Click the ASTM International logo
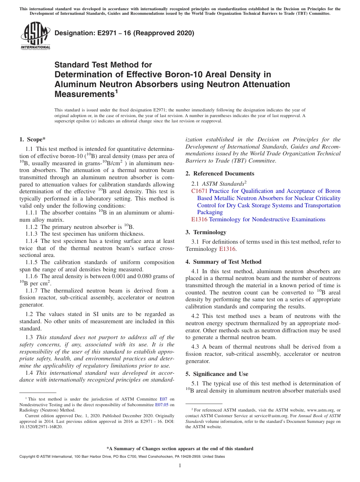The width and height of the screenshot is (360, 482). (x=35, y=36)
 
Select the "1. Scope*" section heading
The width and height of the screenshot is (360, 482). (x=33, y=139)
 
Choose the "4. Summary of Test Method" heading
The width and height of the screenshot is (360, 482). (x=223, y=262)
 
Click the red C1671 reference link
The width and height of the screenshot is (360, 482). (x=199, y=191)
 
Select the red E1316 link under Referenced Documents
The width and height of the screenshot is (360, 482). (x=199, y=219)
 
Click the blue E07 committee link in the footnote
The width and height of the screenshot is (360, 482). (x=163, y=399)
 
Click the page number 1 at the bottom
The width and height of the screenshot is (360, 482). (x=180, y=465)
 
